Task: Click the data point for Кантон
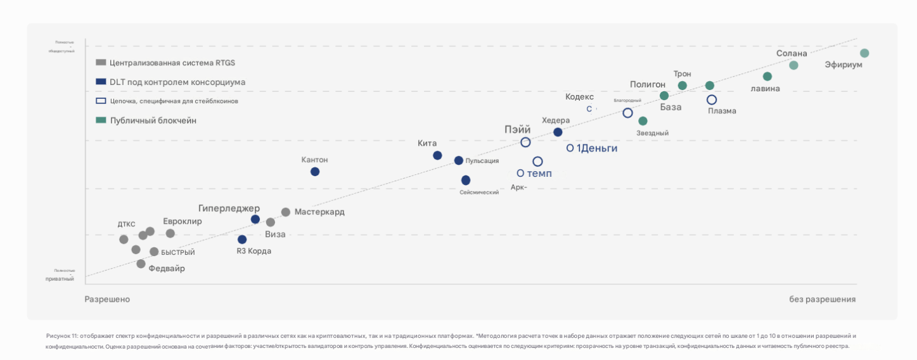pos(315,172)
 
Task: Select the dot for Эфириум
pos(864,53)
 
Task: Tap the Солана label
pos(792,53)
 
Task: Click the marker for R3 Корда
pos(242,240)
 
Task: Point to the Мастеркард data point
pos(286,212)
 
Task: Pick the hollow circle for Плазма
pos(712,100)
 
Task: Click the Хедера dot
pos(558,132)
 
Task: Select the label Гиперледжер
pos(229,208)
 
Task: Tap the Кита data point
pos(437,155)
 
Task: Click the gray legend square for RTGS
pos(100,63)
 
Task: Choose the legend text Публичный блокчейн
pos(153,120)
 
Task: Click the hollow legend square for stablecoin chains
pos(100,101)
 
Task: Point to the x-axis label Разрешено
pos(107,299)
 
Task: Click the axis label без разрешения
pos(822,299)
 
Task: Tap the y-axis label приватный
pos(60,278)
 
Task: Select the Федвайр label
pos(167,268)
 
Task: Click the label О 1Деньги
pos(591,148)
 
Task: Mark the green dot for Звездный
pos(643,121)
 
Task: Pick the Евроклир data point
pos(170,233)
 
